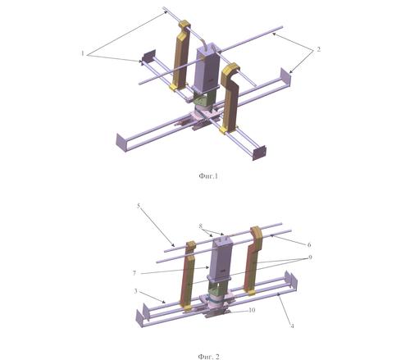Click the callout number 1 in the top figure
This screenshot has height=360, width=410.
[83, 53]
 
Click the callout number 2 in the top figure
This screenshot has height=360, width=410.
[318, 49]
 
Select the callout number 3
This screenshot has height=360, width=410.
[135, 291]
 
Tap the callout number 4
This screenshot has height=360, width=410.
[292, 326]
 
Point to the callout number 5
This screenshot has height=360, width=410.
[139, 206]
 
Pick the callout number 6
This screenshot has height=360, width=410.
[309, 244]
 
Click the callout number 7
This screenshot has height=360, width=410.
[134, 273]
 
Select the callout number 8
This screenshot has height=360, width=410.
[201, 226]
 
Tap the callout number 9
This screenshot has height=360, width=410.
[310, 257]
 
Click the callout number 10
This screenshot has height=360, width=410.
[252, 310]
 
